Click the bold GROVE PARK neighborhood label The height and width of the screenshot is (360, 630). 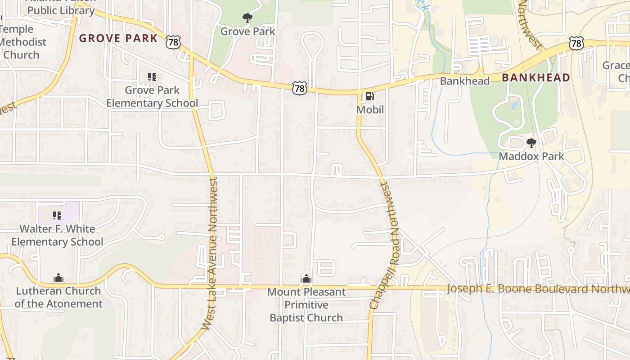118,38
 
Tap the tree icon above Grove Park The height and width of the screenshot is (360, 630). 247,18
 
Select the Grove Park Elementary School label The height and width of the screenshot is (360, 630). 152,96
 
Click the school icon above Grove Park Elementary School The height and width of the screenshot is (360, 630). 152,77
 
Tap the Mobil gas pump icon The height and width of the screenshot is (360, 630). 369,96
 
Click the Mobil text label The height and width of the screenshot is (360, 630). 370,109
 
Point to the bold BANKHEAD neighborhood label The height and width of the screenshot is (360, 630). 536,77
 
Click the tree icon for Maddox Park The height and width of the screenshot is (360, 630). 531,143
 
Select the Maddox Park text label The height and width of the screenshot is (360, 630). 531,156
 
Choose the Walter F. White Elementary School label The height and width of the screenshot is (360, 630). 57,235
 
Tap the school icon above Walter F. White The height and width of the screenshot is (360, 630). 57,216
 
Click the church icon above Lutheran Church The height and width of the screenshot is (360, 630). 58,278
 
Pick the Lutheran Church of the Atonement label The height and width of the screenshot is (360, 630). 58,297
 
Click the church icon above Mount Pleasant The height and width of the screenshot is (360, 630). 306,279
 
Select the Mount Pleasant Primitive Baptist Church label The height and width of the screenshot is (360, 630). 306,305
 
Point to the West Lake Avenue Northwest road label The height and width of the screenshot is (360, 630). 210,253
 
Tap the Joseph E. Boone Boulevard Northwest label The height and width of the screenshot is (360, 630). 538,288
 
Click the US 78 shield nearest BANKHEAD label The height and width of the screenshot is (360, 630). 576,43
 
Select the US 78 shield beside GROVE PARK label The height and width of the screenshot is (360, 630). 173,42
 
